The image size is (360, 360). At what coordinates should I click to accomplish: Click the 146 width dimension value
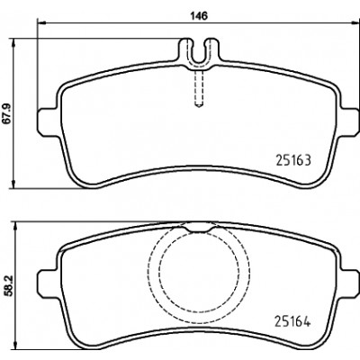(x=198, y=16)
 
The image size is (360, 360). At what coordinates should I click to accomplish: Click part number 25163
(x=293, y=160)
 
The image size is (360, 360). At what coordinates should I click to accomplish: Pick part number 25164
(x=292, y=321)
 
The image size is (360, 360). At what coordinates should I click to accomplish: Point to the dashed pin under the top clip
(x=199, y=89)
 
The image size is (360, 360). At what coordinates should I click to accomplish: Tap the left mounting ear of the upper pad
(x=47, y=122)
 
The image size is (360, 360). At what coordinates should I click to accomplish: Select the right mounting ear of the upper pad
(x=348, y=122)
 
